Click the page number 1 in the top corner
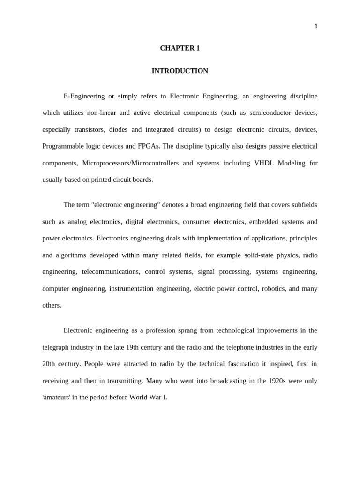pyautogui.click(x=316, y=26)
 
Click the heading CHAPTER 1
pyautogui.click(x=180, y=48)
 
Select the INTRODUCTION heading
pyautogui.click(x=180, y=71)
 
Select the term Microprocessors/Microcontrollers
pyautogui.click(x=130, y=163)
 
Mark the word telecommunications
pyautogui.click(x=111, y=272)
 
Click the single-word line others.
pyautogui.click(x=52, y=305)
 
